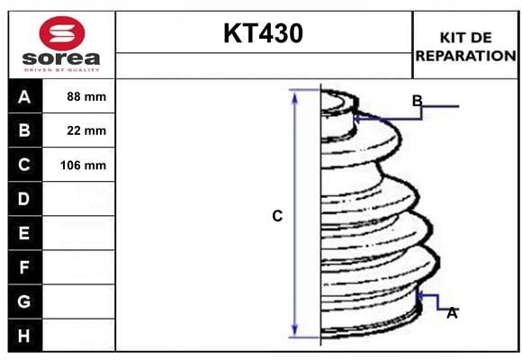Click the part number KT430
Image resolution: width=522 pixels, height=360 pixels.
coord(263,34)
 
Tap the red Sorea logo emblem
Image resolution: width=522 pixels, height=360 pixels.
coord(59,32)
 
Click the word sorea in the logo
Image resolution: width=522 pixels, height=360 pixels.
coord(59,58)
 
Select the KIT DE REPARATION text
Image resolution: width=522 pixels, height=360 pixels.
coord(464,46)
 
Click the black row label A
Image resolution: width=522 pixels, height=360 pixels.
coord(24,96)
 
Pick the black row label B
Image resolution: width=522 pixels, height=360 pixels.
coord(24,130)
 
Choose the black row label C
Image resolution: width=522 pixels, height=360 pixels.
coord(24,165)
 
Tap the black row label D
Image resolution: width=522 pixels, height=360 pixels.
coord(24,198)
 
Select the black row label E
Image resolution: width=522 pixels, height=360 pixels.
coord(24,233)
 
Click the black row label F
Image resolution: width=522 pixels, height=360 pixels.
coord(24,267)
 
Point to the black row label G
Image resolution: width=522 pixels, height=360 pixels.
coord(24,301)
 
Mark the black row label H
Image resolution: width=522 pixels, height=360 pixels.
coord(24,336)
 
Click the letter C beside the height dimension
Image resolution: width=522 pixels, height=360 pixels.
coord(277,216)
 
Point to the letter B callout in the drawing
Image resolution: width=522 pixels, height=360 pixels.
coord(417,101)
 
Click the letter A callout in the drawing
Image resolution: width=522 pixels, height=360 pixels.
coord(452,312)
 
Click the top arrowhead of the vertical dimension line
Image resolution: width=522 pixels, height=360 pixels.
coord(294,94)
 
